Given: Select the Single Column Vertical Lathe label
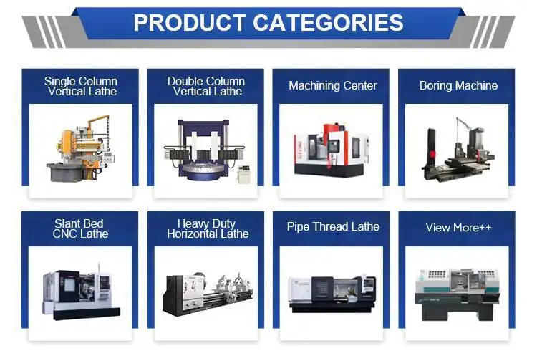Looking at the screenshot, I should (81, 86).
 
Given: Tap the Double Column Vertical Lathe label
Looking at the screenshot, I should (206, 86).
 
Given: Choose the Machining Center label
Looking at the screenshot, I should (332, 85).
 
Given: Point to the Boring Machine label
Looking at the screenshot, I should (458, 85).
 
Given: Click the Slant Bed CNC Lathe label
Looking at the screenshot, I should (81, 228).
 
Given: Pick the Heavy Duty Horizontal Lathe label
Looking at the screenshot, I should (208, 228).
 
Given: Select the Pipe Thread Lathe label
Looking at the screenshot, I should (332, 227).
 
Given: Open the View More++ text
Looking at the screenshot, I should (458, 228).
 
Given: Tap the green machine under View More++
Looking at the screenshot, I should (457, 292).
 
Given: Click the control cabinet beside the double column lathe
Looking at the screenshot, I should (244, 173).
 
